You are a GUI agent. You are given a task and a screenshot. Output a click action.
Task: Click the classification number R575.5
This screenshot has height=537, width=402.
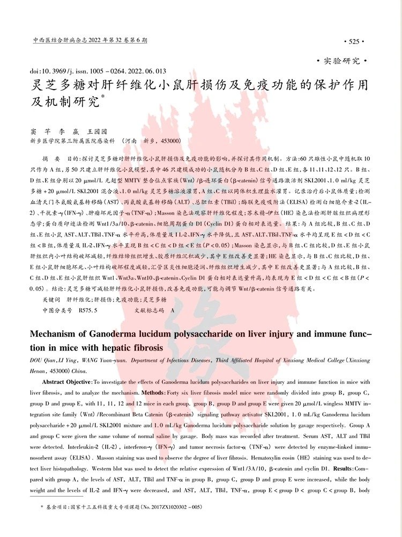click(88, 310)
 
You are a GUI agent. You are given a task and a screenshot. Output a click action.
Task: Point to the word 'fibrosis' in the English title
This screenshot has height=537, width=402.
click(146, 348)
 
